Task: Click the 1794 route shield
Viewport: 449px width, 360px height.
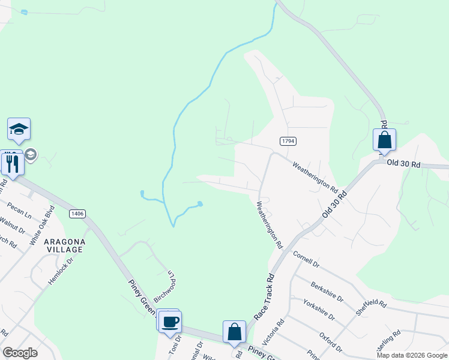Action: coord(288,140)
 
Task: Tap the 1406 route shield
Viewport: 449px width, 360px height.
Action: coord(77,213)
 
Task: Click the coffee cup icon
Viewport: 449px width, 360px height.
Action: coord(170,322)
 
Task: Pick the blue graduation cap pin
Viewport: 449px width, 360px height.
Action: coord(19,129)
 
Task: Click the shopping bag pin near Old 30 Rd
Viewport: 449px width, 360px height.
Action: coord(384,140)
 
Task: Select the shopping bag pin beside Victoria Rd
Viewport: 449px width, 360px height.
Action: coord(234,332)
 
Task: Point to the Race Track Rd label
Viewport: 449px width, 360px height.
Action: coord(264,296)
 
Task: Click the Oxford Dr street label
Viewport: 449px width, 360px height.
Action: coord(330,341)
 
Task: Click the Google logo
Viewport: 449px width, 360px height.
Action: coord(20,353)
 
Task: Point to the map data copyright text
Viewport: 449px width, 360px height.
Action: coord(411,355)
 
